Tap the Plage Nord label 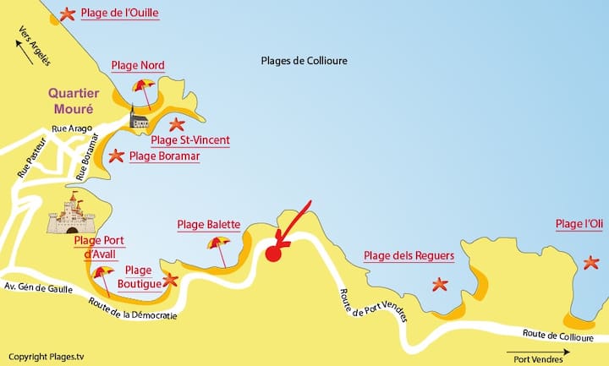tap(138, 66)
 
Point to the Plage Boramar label tap(165, 156)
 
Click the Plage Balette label tap(209, 225)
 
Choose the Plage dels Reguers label tap(409, 256)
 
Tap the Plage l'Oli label tap(579, 224)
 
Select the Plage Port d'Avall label tap(100, 247)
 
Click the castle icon tap(71, 213)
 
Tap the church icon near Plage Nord tap(139, 118)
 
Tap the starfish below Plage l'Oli tap(591, 263)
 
